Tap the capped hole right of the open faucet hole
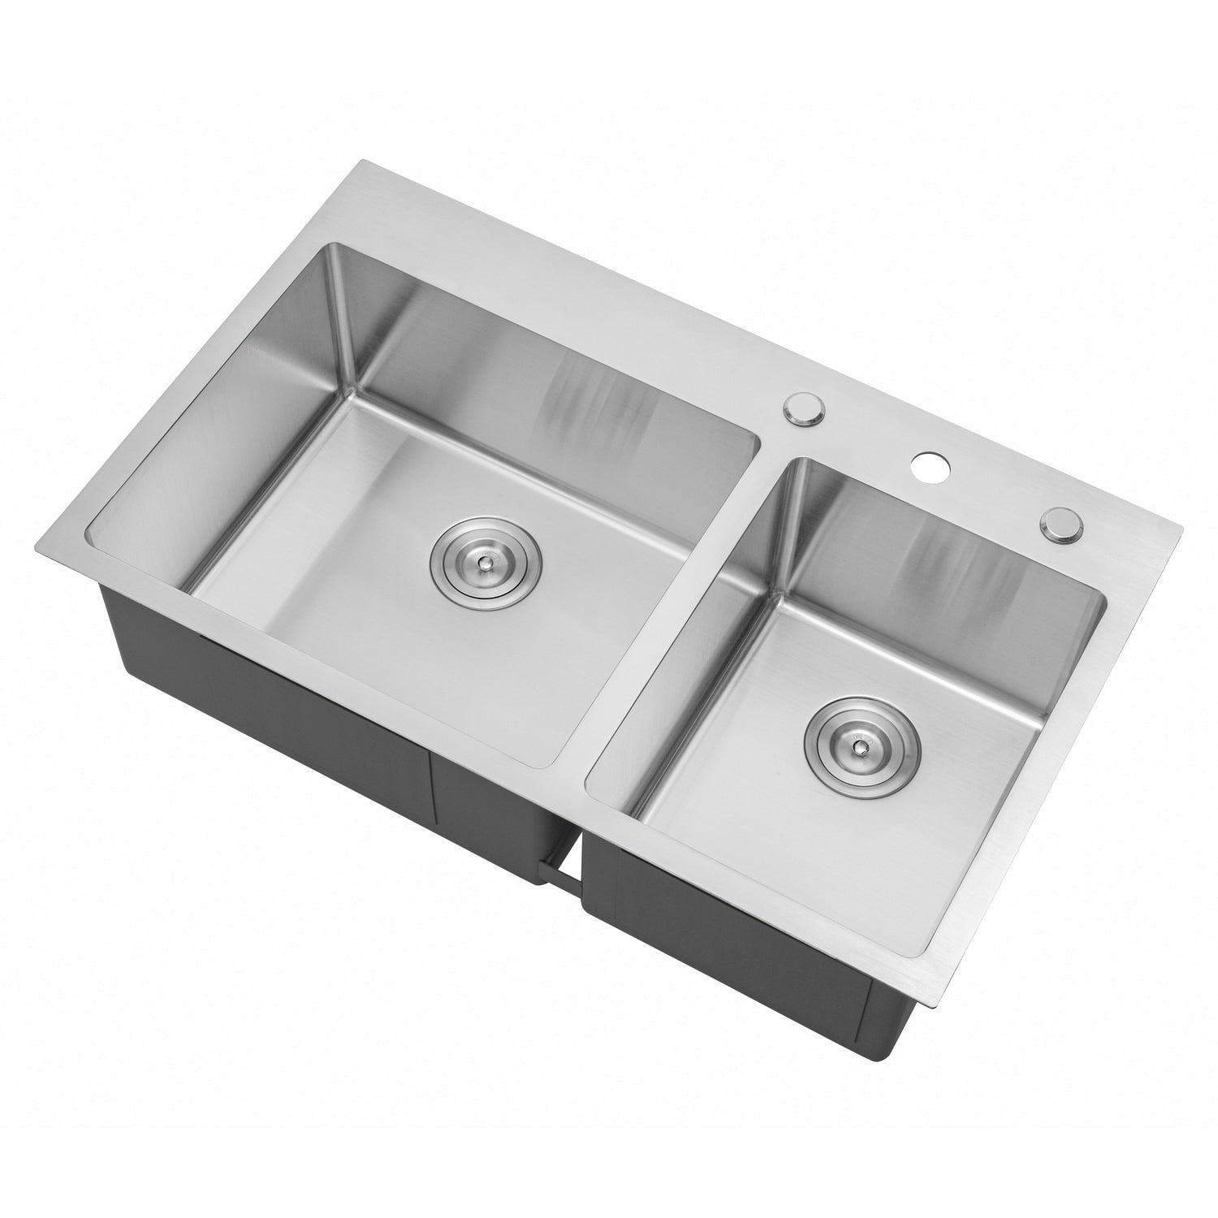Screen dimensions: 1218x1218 (x=1059, y=524)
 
